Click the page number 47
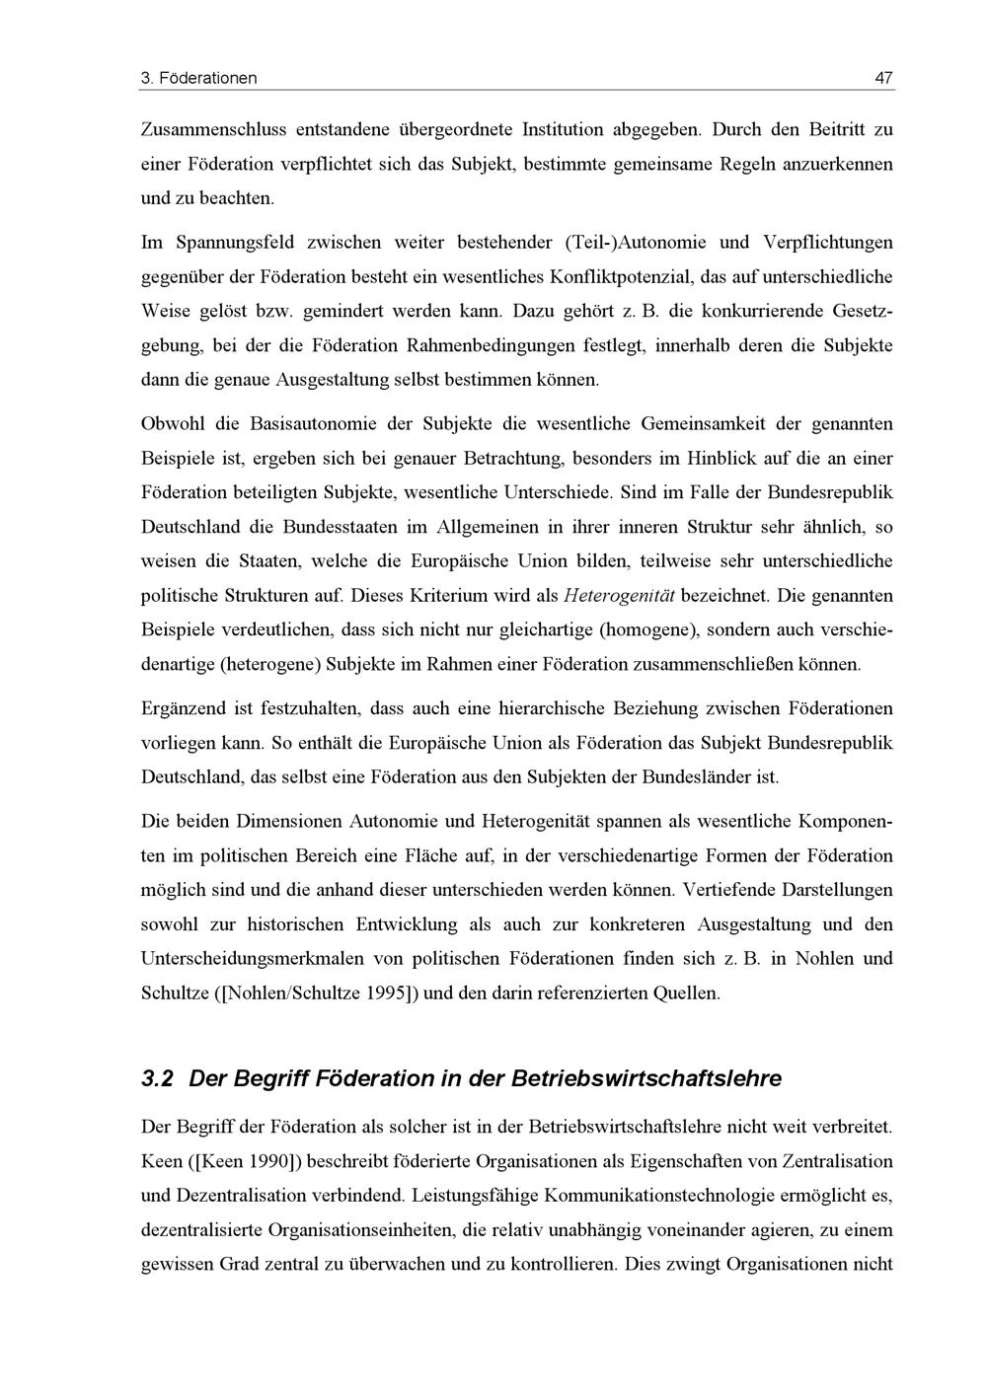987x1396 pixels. coord(883,77)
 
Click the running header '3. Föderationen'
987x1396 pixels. coord(199,77)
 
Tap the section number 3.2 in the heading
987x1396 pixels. coord(158,1078)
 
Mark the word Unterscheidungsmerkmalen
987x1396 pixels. coord(260,958)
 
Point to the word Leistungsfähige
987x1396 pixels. coord(476,1196)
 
